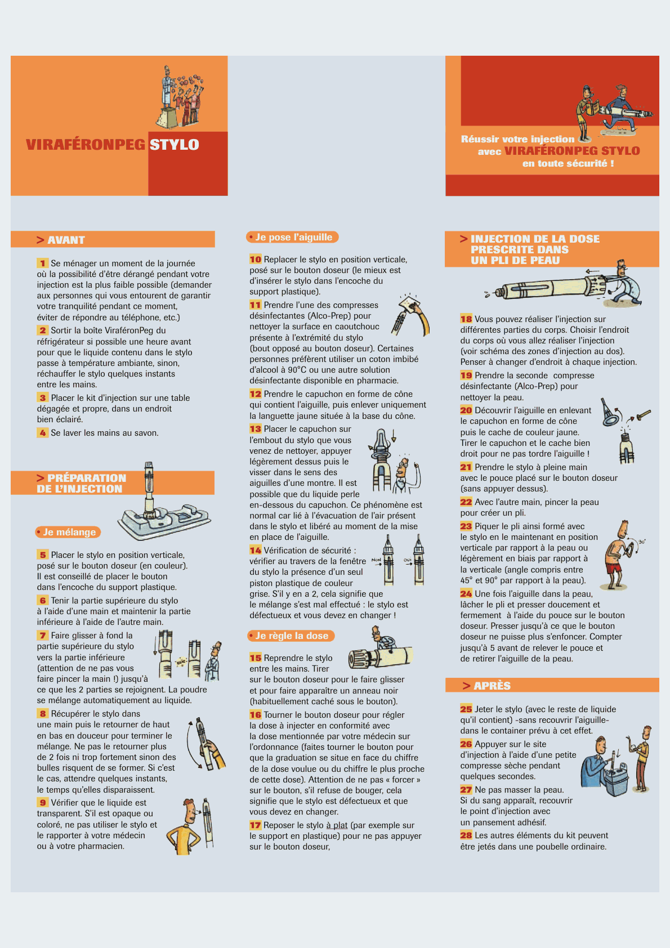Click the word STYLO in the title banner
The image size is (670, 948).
[174, 145]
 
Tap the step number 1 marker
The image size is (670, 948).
[42, 263]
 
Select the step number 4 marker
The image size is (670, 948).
[42, 432]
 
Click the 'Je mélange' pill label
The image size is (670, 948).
[68, 532]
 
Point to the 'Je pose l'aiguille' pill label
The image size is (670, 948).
[292, 237]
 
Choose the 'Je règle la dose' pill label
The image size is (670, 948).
[291, 636]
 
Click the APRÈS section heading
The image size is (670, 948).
[487, 686]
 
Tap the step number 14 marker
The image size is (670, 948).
[255, 550]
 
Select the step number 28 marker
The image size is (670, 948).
[466, 835]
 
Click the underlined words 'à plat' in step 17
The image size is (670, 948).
[337, 825]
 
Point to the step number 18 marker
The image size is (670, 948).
[466, 319]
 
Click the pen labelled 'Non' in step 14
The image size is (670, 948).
[388, 560]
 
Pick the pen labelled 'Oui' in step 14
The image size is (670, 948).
[418, 560]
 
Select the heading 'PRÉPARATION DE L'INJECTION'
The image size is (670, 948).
[81, 484]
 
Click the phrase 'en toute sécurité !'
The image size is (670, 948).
[568, 163]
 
